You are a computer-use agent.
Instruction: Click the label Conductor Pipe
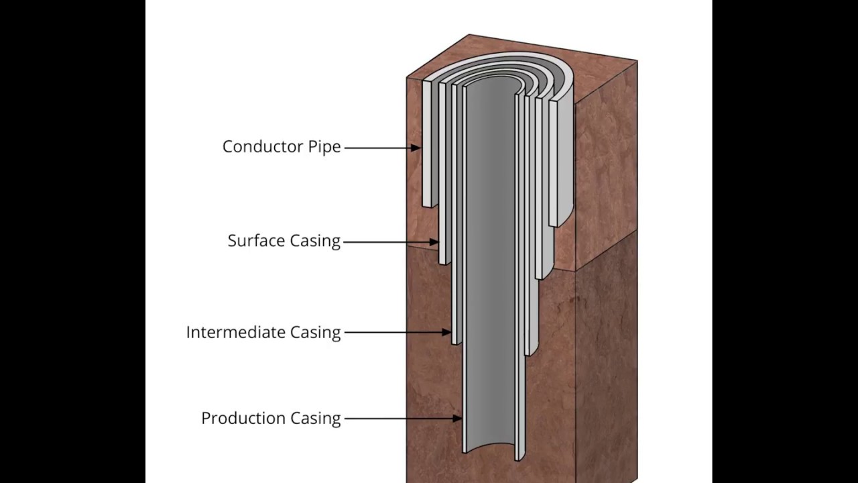[282, 147]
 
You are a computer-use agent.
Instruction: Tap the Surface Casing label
[284, 241]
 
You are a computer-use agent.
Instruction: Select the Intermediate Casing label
[263, 332]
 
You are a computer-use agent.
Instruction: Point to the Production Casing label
[271, 419]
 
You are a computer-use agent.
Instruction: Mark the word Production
[243, 419]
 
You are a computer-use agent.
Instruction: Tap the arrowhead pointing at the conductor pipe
[416, 147]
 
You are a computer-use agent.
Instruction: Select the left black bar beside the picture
[72, 241]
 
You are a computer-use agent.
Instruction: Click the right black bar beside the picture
[784, 241]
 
